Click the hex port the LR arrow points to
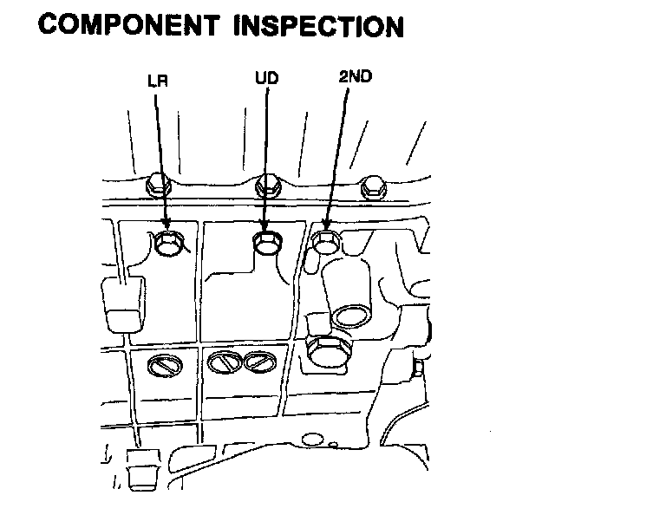pyautogui.click(x=168, y=244)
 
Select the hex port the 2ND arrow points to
pyautogui.click(x=325, y=243)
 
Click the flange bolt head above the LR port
pyautogui.click(x=157, y=183)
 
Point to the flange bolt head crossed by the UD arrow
pyautogui.click(x=267, y=184)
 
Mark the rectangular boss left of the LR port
pyautogui.click(x=121, y=306)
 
